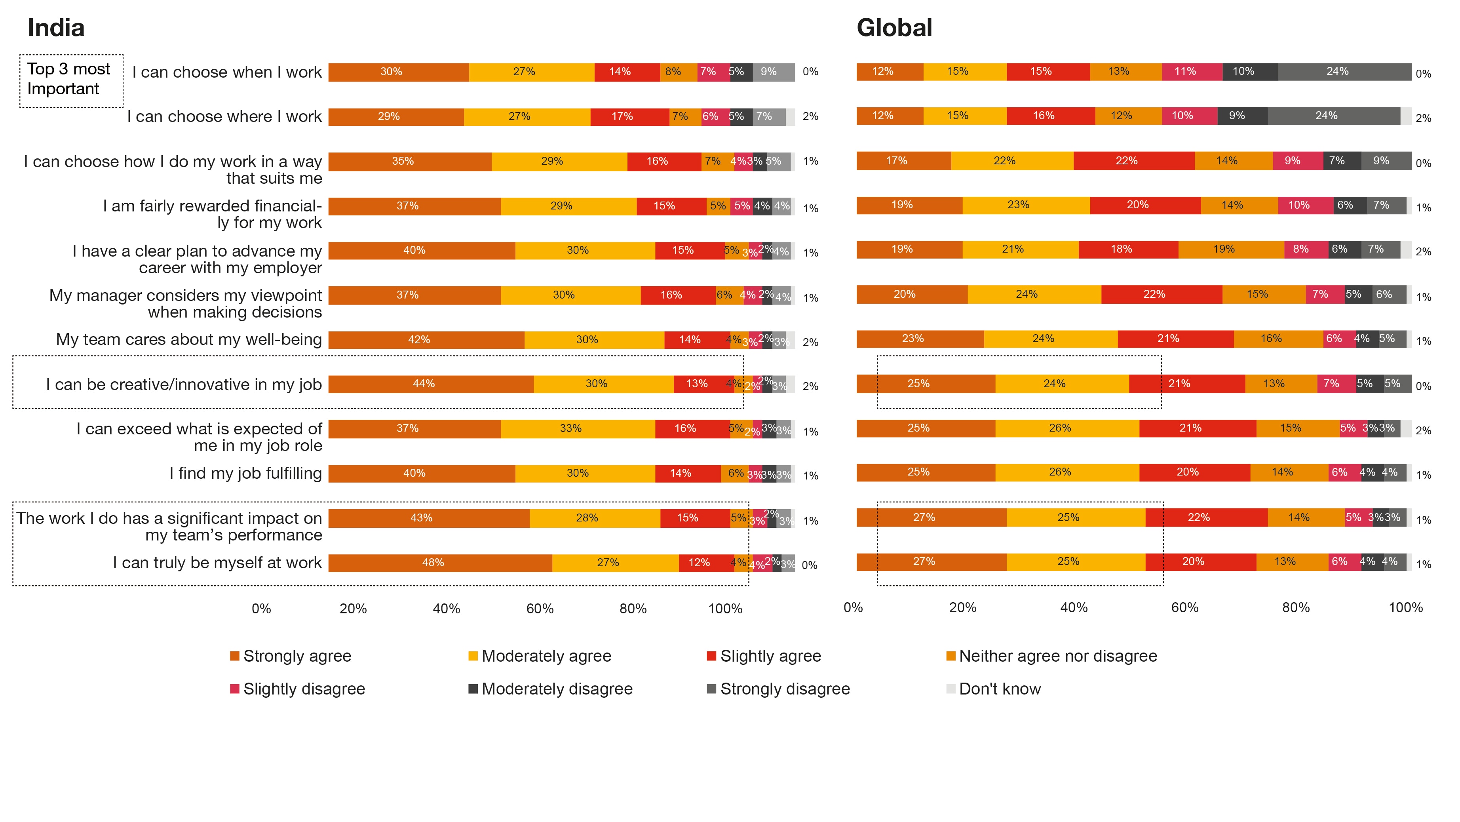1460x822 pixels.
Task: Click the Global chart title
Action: pyautogui.click(x=894, y=28)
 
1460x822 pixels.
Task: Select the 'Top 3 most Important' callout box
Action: pyautogui.click(x=71, y=80)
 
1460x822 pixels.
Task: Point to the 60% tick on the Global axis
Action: pyautogui.click(x=1184, y=608)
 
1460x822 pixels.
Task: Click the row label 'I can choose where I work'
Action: pyautogui.click(x=224, y=116)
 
